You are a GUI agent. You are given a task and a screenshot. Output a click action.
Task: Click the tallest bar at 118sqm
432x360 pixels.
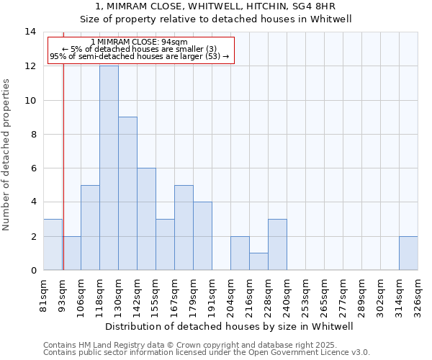pyautogui.click(x=109, y=168)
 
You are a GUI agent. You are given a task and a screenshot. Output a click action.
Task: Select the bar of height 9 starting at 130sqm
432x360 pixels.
pyautogui.click(x=127, y=193)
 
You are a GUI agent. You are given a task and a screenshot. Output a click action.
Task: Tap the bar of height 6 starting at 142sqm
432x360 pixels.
pyautogui.click(x=146, y=219)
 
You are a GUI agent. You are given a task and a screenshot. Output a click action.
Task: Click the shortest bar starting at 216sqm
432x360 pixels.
pyautogui.click(x=258, y=261)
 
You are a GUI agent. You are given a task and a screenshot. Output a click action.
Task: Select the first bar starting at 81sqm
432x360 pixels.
pyautogui.click(x=53, y=244)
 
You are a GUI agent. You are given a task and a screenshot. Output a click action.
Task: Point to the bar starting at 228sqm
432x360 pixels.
pyautogui.click(x=277, y=244)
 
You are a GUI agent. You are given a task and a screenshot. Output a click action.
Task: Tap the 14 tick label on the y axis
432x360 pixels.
pyautogui.click(x=30, y=32)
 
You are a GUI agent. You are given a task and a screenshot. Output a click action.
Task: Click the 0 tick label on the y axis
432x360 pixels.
pyautogui.click(x=33, y=270)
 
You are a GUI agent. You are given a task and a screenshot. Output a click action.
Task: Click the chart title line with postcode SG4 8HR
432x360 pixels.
pyautogui.click(x=230, y=6)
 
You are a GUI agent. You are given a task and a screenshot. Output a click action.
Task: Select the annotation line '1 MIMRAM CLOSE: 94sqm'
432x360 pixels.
pyautogui.click(x=140, y=42)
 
